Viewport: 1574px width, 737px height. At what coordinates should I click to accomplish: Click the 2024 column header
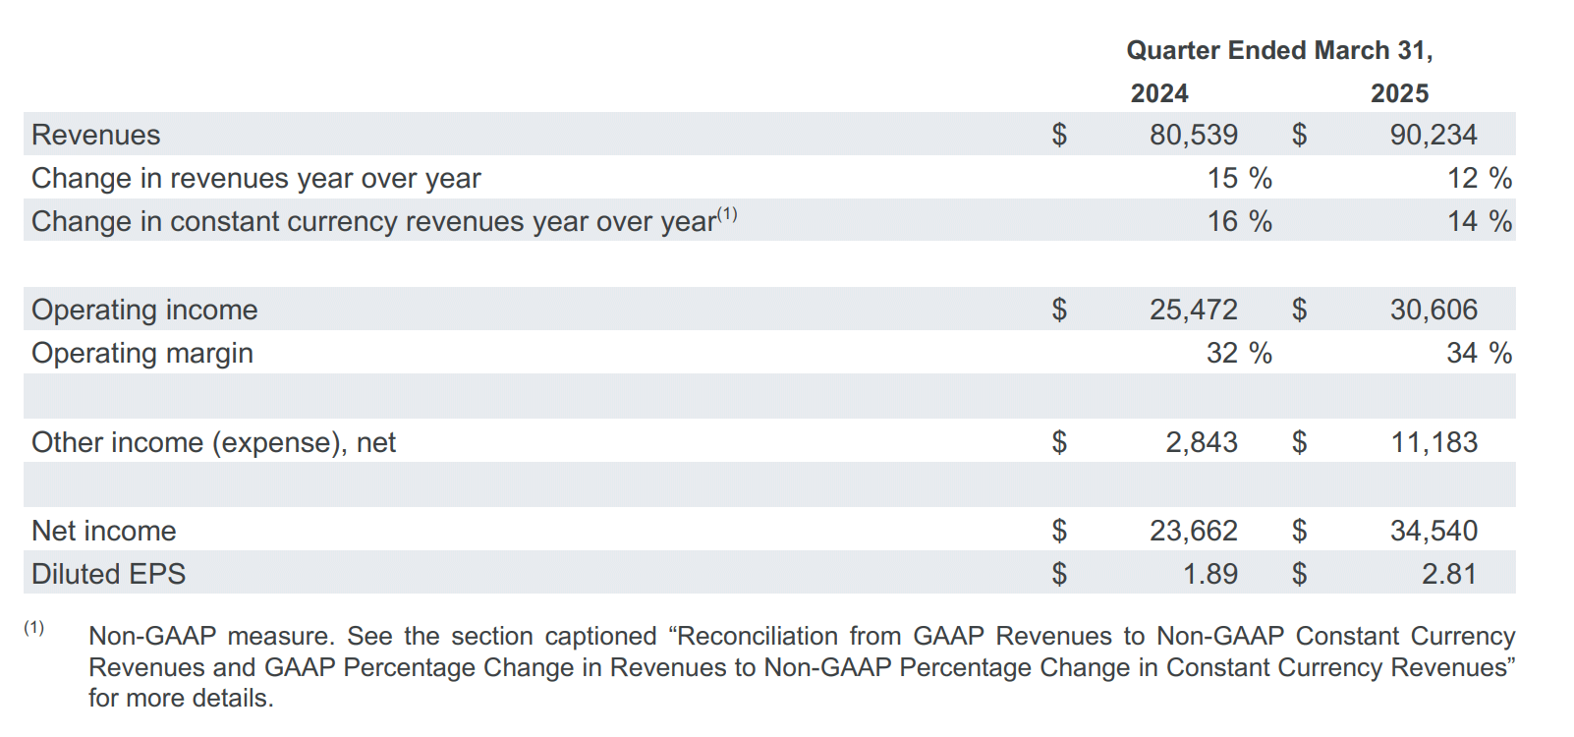pos(1158,93)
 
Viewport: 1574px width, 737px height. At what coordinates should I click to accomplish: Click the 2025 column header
pos(1399,93)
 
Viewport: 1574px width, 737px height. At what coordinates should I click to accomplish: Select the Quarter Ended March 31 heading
pos(1279,50)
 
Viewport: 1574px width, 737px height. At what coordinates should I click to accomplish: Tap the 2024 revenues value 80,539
pos(1193,135)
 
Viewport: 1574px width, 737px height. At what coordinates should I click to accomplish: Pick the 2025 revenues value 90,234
pos(1433,135)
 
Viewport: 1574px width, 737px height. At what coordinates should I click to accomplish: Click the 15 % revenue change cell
pos(1240,179)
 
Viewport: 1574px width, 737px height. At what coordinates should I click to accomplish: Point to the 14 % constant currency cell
pos(1479,222)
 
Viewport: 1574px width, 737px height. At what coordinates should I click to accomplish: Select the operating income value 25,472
pos(1193,310)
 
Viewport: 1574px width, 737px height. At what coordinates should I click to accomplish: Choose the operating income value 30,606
pos(1433,310)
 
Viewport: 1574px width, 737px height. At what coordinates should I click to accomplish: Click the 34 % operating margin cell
pos(1479,354)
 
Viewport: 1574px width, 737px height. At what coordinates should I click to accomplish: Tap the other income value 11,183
pos(1434,442)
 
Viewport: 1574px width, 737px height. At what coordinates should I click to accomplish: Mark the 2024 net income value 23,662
pos(1193,532)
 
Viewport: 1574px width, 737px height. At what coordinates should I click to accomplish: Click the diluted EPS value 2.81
pos(1449,575)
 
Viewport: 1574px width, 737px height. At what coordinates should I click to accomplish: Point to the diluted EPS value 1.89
pos(1210,575)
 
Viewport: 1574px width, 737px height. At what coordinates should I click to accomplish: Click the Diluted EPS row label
pos(108,575)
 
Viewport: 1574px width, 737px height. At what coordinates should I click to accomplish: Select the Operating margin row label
pos(141,354)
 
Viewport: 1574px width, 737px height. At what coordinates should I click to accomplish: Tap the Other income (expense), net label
pos(213,443)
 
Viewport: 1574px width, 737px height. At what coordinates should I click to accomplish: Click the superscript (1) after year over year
pos(726,213)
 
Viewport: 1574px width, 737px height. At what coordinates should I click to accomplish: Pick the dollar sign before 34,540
pos(1299,532)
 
